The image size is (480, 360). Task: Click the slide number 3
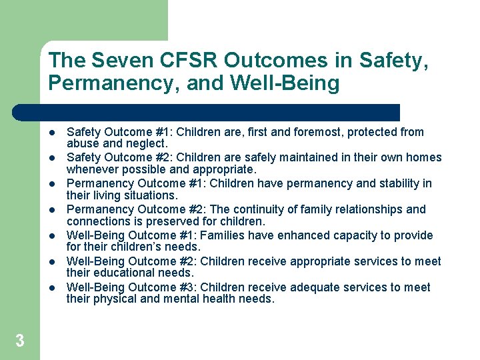(20, 341)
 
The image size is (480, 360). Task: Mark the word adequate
(313, 287)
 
